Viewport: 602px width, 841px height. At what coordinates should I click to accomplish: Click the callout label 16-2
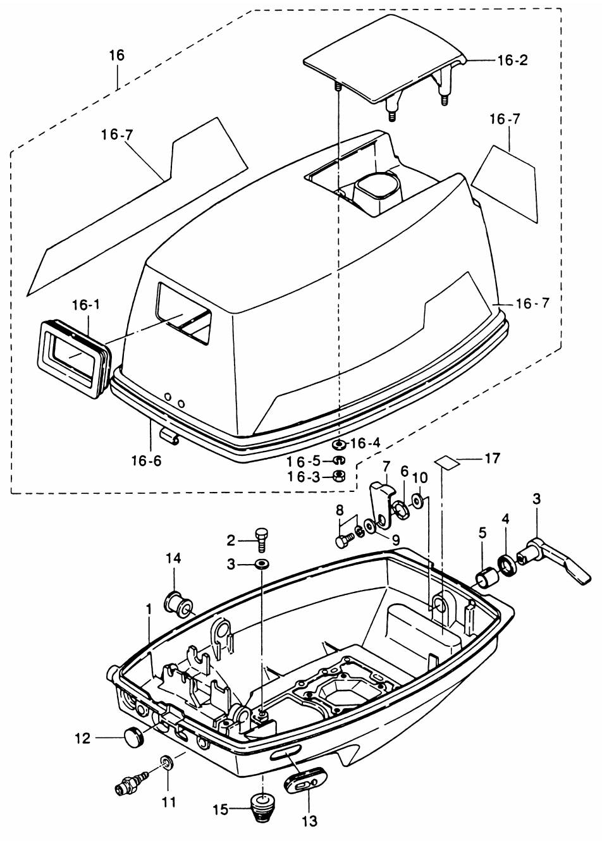click(x=512, y=61)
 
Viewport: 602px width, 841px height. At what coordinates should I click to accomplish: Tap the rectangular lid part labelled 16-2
click(x=379, y=63)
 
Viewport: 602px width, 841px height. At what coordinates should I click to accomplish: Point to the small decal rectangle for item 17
click(x=450, y=463)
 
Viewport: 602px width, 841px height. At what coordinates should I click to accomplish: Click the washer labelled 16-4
click(x=338, y=445)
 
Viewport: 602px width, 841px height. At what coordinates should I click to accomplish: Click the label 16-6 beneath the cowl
click(x=147, y=460)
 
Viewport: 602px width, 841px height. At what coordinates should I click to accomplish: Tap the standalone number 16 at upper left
click(x=116, y=55)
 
